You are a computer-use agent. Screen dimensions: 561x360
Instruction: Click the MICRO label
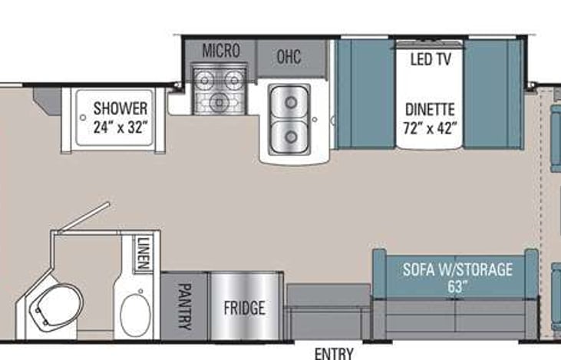[221, 51]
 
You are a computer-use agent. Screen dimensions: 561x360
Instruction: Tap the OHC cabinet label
[289, 57]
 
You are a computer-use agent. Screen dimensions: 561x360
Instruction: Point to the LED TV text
[431, 59]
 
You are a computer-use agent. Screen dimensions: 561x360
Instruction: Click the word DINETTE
[430, 109]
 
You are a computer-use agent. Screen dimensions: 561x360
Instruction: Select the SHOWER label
[120, 108]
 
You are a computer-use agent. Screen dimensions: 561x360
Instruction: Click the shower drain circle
[83, 117]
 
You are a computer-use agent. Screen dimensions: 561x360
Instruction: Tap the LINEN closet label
[143, 253]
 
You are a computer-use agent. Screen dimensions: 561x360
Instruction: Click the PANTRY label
[185, 306]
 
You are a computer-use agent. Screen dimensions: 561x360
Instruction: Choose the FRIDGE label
[245, 308]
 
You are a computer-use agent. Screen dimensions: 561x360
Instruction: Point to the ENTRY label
[334, 354]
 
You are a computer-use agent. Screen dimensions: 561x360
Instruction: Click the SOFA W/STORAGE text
[457, 269]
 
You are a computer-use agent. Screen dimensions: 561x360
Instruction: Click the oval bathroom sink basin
[136, 315]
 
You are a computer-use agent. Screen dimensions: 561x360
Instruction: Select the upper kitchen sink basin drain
[291, 103]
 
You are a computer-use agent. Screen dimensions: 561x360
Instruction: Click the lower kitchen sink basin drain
[291, 137]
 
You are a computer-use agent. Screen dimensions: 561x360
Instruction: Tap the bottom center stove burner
[219, 103]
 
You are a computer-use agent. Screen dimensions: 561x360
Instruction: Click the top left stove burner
[205, 80]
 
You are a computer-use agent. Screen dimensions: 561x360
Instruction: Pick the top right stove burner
[234, 80]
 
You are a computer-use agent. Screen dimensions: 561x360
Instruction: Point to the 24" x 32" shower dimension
[120, 127]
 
